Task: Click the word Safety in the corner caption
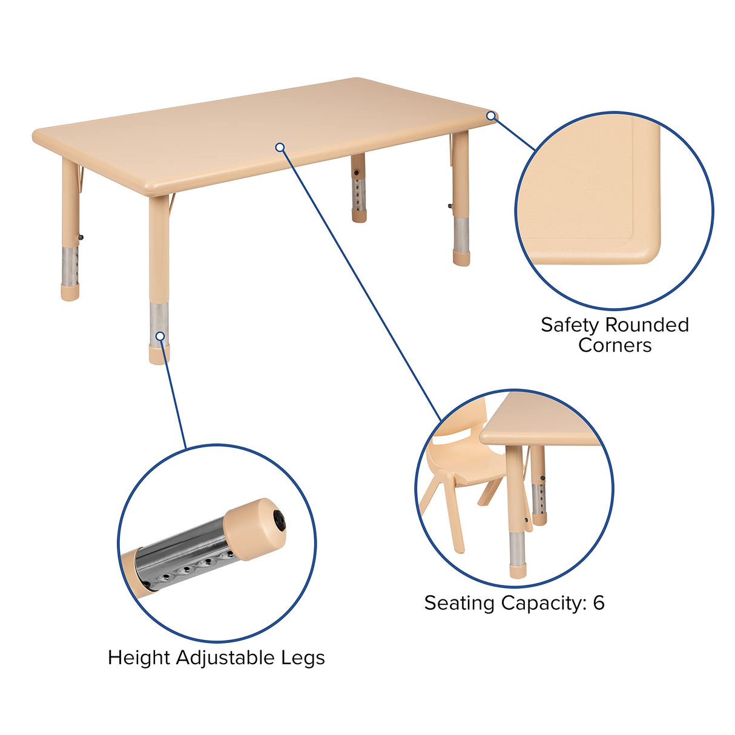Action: point(569,325)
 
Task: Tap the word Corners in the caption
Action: point(615,345)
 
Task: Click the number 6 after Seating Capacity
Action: point(598,602)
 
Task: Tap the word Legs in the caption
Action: point(303,658)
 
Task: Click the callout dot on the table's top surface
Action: point(280,147)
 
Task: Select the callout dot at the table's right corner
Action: point(491,116)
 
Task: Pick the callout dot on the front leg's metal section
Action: point(160,336)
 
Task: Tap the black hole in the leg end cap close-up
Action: point(279,518)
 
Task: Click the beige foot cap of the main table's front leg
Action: point(159,354)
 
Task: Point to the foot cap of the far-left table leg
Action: point(70,294)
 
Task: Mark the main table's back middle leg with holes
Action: point(358,188)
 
